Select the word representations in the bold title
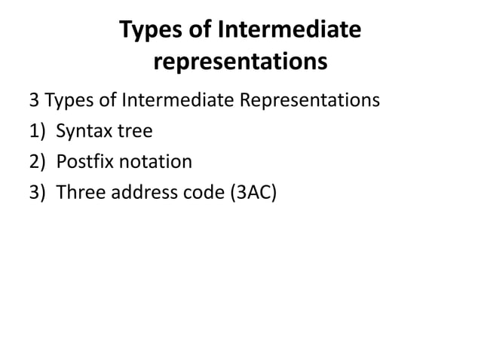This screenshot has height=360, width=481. coord(240,63)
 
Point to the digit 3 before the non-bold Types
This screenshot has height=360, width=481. coord(33,100)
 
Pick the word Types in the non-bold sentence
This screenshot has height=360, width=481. coord(68,100)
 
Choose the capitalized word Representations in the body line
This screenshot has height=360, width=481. coord(306,100)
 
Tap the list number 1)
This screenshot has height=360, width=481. coord(38,132)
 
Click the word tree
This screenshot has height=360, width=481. coord(134,132)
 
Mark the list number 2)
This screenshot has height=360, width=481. coord(38,162)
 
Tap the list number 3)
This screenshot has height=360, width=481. coord(38,193)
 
